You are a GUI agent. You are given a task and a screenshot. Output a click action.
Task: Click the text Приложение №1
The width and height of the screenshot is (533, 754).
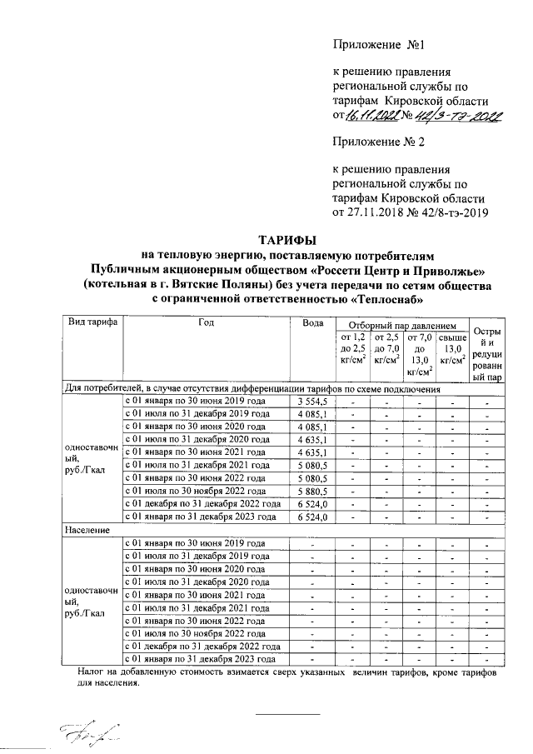[367, 42]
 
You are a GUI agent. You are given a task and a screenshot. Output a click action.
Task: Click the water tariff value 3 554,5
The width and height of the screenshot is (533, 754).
[313, 402]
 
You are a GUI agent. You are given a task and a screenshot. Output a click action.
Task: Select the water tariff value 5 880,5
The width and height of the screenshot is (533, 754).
[313, 492]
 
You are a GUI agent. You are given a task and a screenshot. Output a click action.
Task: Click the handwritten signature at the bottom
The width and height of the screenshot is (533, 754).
[87, 733]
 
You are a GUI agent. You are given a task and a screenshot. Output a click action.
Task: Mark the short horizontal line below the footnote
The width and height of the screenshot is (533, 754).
[287, 714]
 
